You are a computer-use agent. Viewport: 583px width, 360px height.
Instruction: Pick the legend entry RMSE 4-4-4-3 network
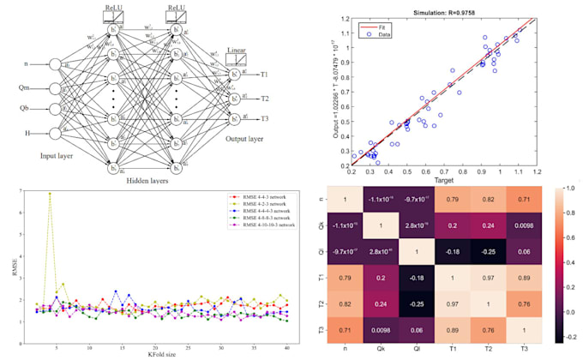261,209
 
